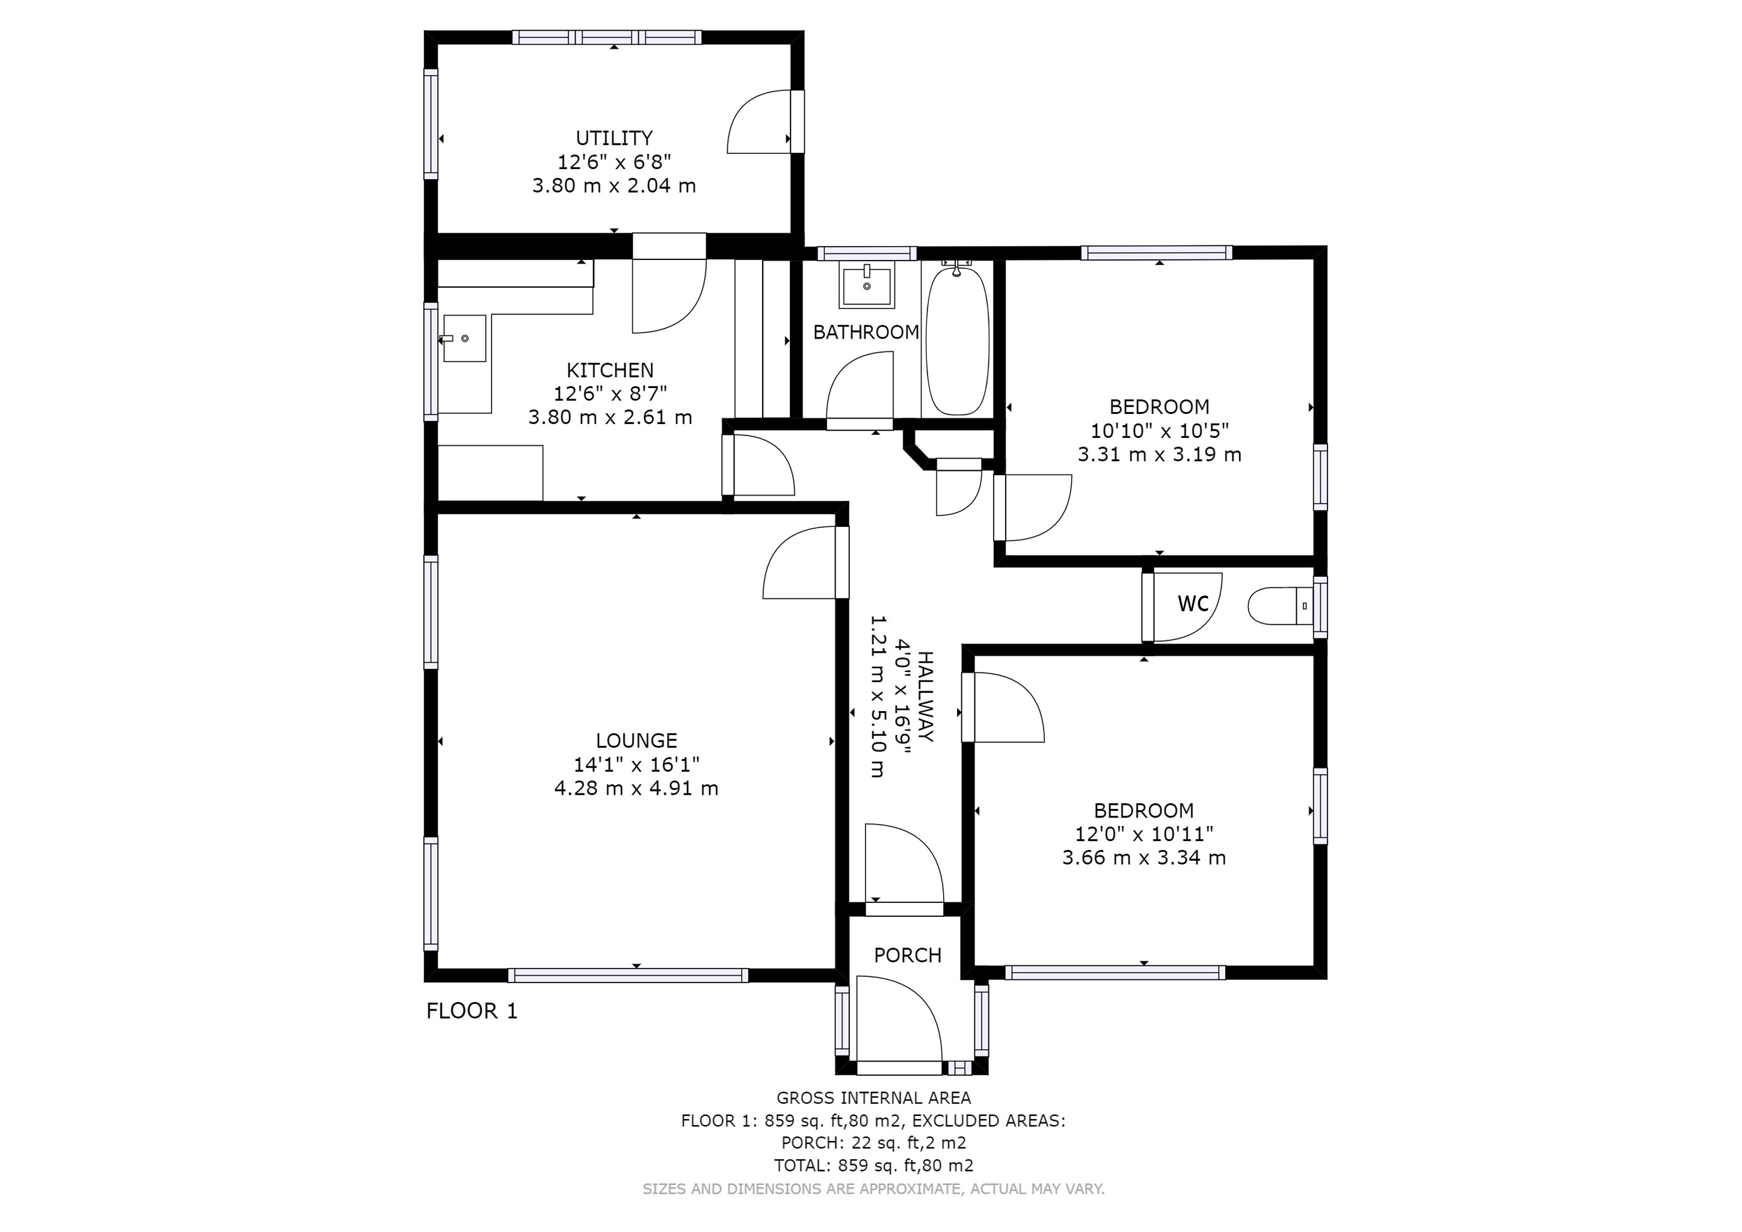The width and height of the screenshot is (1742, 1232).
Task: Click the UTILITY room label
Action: [x=614, y=138]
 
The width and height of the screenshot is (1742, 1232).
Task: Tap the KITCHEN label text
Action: [x=609, y=370]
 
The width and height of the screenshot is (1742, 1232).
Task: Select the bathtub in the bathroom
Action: [x=958, y=340]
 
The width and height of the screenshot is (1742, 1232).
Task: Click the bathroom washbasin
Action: [x=866, y=285]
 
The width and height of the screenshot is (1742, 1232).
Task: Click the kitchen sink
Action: [x=464, y=338]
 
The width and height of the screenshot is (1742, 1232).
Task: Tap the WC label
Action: [x=1193, y=604]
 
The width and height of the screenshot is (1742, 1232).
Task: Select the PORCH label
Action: [x=908, y=955]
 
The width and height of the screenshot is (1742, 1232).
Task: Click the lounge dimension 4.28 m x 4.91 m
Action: [x=636, y=788]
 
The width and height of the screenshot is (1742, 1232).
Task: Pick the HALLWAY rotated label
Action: [x=926, y=697]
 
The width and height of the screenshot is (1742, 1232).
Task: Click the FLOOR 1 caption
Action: [x=472, y=1011]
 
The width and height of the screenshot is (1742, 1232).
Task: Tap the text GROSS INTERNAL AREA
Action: [x=873, y=1098]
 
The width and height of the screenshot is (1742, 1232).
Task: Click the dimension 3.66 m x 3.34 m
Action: [x=1143, y=858]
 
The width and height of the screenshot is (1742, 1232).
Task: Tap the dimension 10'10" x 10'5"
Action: [x=1159, y=431]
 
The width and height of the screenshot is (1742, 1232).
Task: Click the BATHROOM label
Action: [x=866, y=332]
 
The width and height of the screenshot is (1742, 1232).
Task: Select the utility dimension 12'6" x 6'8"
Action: [x=614, y=162]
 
